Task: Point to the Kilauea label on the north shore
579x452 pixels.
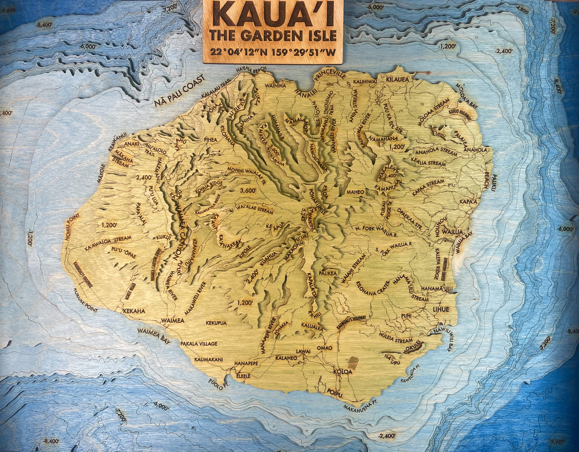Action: [x=397, y=79]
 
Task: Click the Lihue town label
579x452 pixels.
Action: [x=440, y=309]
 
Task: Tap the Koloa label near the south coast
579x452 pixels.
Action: [x=343, y=371]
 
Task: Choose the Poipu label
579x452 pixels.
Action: [x=335, y=391]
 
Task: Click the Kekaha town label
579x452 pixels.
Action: [x=134, y=311]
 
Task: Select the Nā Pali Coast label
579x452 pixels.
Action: [x=179, y=91]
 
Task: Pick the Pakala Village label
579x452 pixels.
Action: [x=199, y=343]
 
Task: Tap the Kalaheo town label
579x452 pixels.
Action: [x=286, y=358]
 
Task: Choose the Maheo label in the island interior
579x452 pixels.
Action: [x=355, y=192]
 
